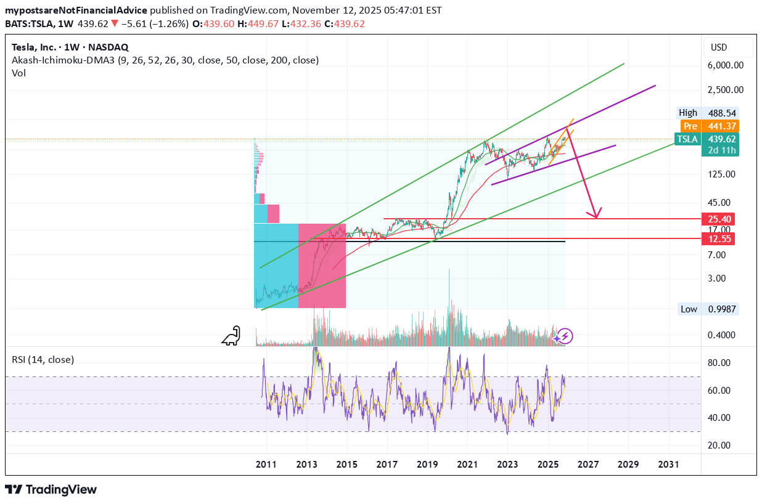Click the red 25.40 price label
pyautogui.click(x=719, y=219)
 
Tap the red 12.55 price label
pyautogui.click(x=719, y=238)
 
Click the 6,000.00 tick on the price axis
pyautogui.click(x=726, y=65)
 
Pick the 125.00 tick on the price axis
pyautogui.click(x=723, y=174)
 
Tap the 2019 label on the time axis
pyautogui.click(x=427, y=463)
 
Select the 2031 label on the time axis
pyautogui.click(x=669, y=463)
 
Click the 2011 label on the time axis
pyautogui.click(x=266, y=463)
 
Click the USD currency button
pyautogui.click(x=719, y=47)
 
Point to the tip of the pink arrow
pyautogui.click(x=596, y=217)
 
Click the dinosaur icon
pyautogui.click(x=232, y=335)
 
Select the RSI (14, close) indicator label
pyautogui.click(x=43, y=359)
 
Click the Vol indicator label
pyautogui.click(x=18, y=73)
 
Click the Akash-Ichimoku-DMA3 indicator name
pyautogui.click(x=68, y=60)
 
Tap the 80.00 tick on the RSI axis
pyautogui.click(x=719, y=363)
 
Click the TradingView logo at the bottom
pyautogui.click(x=52, y=489)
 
